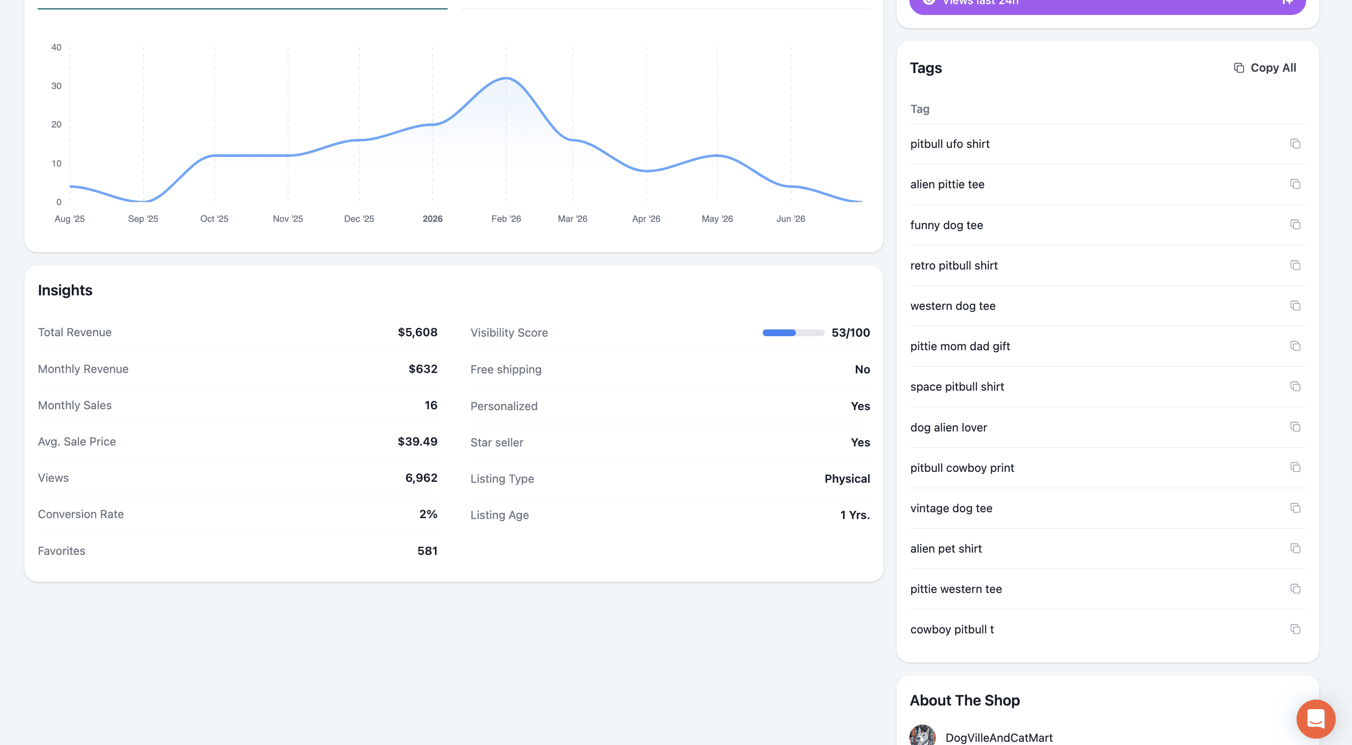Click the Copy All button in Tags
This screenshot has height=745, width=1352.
click(1264, 68)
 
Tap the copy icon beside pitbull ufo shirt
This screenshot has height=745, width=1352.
click(1295, 144)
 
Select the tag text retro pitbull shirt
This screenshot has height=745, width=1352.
click(954, 265)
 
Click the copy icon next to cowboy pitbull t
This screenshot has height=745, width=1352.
click(1295, 629)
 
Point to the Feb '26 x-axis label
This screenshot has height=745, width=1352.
click(506, 219)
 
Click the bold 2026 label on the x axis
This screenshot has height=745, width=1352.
click(433, 219)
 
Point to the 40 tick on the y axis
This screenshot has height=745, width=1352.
click(56, 47)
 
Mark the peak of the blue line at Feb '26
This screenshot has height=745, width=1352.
click(506, 78)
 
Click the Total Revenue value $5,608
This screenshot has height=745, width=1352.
click(417, 332)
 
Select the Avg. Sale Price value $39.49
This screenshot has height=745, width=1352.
click(417, 441)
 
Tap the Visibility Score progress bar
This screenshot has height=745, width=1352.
click(793, 333)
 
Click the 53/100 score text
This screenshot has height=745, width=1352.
click(850, 333)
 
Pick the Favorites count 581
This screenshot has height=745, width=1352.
click(427, 551)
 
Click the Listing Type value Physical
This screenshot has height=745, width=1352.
click(847, 479)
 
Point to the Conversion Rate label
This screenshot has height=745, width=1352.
click(81, 514)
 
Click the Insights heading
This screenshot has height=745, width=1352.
click(65, 290)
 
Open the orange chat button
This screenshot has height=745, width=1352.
click(1315, 719)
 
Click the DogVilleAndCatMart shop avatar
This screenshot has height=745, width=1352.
click(922, 735)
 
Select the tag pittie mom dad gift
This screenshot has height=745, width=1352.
click(960, 346)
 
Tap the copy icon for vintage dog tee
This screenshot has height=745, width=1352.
click(1295, 508)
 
